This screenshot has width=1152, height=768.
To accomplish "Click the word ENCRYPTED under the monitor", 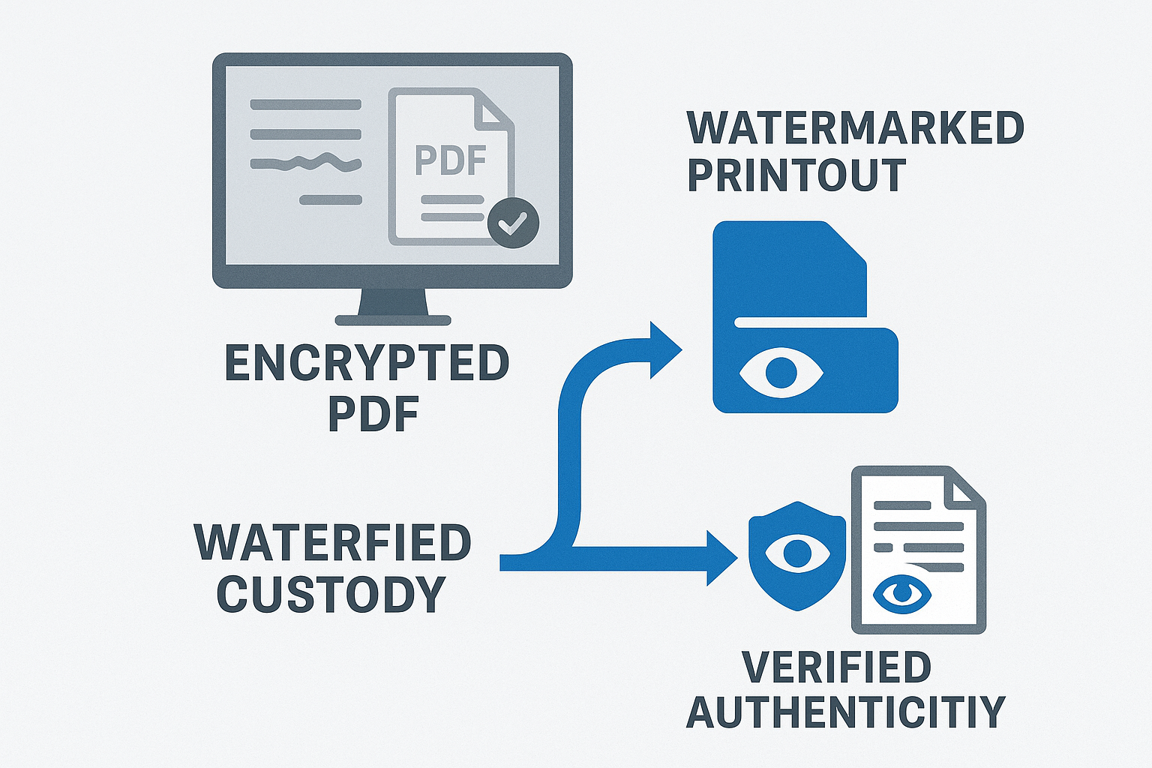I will [x=367, y=364].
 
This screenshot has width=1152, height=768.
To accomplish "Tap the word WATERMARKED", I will [x=856, y=128].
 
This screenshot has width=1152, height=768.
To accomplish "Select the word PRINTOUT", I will [x=796, y=175].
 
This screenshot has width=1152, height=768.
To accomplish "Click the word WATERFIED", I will [x=332, y=543].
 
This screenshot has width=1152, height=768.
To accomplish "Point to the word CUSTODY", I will [x=331, y=595].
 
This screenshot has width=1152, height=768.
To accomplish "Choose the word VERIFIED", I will [x=836, y=667].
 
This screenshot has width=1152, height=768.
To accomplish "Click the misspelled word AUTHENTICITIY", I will [x=845, y=712].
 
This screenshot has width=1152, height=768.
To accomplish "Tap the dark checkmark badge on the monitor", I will [x=513, y=222].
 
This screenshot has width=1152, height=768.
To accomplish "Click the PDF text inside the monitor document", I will [x=451, y=160].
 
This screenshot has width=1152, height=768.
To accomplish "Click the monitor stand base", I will [x=392, y=319].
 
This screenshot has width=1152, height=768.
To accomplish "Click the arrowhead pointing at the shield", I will [x=721, y=556].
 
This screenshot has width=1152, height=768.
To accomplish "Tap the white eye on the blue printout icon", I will [x=781, y=370].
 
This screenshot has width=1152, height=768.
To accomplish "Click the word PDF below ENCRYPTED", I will [x=373, y=415].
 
